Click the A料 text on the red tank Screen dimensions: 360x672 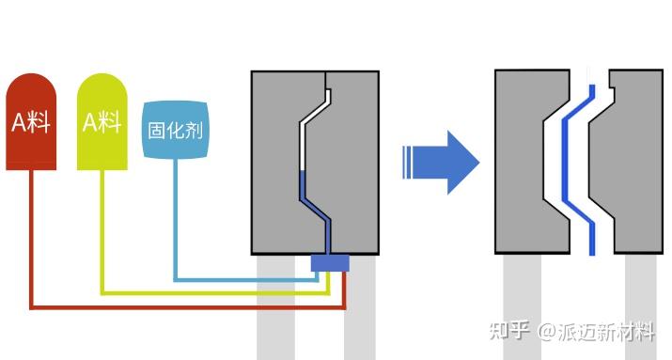coord(31,122)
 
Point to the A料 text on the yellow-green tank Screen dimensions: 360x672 coord(102,121)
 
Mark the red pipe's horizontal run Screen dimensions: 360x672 coord(188,306)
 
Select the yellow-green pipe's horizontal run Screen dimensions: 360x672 coord(216,292)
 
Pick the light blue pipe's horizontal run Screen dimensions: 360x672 coord(244,279)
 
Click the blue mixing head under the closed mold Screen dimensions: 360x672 coord(329,263)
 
